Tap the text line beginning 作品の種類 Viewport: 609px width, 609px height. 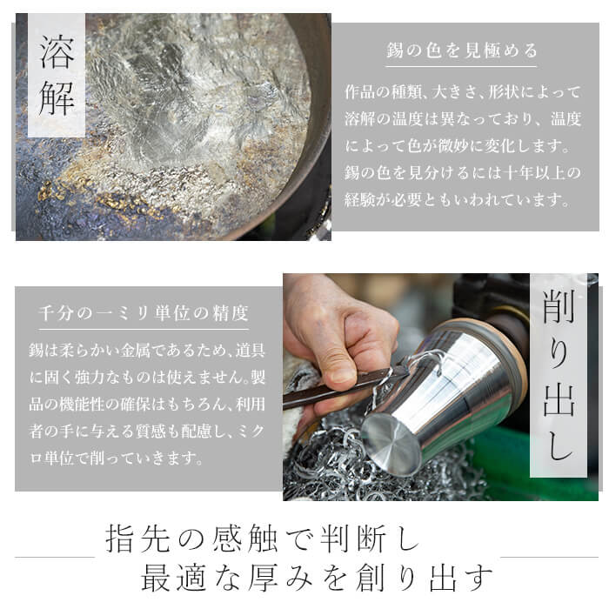[x=462, y=90]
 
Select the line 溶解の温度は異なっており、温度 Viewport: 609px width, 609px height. [x=462, y=117]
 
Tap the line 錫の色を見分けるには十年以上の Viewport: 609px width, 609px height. [x=462, y=172]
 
